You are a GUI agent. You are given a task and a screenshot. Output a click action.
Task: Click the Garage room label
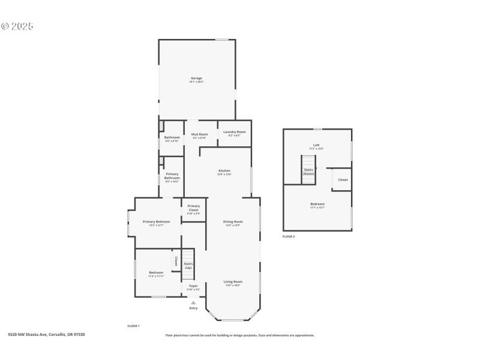pos(196,78)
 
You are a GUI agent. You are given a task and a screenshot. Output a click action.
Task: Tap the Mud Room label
pos(200,134)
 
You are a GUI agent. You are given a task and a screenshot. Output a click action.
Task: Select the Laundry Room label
pos(234,132)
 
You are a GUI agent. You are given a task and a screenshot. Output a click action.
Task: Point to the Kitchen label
pos(224,171)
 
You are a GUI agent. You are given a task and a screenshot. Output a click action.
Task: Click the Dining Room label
pos(233,222)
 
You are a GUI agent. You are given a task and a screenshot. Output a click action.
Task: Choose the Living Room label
pos(233,281)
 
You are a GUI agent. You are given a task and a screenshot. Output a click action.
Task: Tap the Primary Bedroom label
pos(156,222)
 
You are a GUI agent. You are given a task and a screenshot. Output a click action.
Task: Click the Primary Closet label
pos(193,208)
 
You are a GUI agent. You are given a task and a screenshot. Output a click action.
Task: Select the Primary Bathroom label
pos(172,176)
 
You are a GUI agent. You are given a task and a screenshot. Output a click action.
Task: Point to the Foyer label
pos(193,286)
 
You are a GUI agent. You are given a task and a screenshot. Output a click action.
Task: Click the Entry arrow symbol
pos(193,302)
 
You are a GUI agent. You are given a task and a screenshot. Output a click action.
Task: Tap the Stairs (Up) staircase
pos(188,264)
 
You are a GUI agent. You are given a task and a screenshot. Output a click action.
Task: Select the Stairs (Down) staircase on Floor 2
pos(308,170)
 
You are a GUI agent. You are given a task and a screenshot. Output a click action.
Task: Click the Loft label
pos(316,145)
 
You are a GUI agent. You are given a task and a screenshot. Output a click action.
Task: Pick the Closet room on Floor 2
pos(343,179)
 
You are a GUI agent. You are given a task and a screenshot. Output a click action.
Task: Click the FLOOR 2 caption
pos(289,236)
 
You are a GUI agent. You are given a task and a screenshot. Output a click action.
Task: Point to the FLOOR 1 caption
pos(133,325)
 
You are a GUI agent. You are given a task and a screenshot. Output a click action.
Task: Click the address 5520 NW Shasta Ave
pos(46,334)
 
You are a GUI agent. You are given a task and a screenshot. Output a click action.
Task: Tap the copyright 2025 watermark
pos(17,26)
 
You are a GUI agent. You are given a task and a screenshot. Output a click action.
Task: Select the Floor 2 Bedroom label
pos(317,204)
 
